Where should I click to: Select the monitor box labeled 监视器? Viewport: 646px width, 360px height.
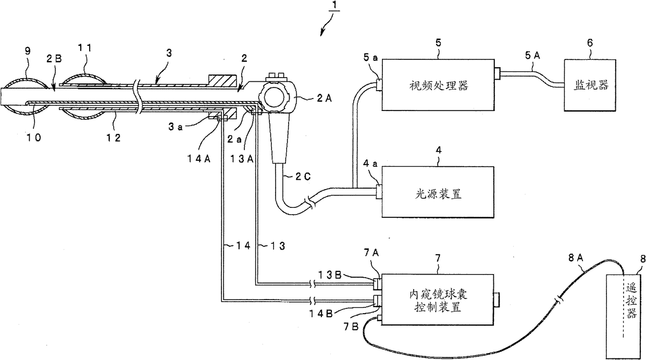pyautogui.click(x=589, y=85)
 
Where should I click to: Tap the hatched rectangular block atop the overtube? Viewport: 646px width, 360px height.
pyautogui.click(x=223, y=81)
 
